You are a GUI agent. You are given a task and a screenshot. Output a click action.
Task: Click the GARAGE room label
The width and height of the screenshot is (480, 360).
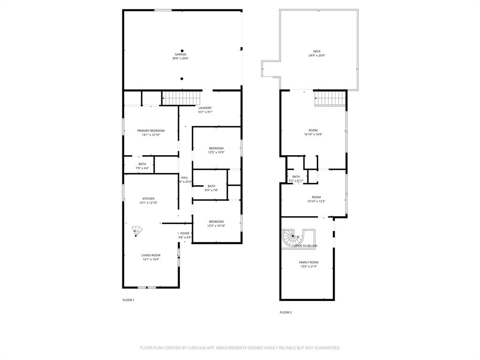coord(180,54)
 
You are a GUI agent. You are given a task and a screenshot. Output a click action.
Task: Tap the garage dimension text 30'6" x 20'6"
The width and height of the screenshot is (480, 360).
coord(180,59)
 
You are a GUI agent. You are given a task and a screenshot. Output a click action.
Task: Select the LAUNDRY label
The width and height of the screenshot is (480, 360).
coord(205,108)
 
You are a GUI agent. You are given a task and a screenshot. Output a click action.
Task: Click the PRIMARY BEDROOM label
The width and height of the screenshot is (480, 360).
coord(151,130)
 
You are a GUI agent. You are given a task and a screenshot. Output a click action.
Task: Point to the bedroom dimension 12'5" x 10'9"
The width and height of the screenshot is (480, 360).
coord(216,152)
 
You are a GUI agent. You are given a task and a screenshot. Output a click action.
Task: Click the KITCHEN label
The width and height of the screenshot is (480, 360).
coord(148,198)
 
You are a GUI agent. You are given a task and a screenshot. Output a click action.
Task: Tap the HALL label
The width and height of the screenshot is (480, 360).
coord(185,178)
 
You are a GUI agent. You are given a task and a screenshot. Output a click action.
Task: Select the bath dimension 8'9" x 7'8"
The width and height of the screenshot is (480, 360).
coord(211,190)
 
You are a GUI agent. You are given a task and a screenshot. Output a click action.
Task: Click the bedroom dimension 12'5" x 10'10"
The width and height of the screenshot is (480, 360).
coord(216,226)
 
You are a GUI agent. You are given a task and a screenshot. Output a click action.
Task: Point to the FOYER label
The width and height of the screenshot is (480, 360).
coord(185,233)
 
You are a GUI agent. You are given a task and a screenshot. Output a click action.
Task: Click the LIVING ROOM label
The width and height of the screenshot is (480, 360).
coord(151,255)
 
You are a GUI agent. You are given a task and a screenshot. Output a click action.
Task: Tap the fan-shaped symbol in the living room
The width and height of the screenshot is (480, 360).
coord(136,231)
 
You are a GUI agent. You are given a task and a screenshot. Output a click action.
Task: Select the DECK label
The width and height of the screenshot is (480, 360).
coord(317,52)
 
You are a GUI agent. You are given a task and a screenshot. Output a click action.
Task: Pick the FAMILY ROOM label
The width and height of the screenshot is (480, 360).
coord(308,262)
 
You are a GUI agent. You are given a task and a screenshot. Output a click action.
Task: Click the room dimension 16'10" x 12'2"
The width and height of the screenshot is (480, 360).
coord(316,201)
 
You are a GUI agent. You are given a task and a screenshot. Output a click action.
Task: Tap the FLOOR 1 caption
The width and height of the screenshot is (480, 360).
coord(128,300)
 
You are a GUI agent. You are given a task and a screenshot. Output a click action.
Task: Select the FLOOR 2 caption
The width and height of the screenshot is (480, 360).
coord(285,312)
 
